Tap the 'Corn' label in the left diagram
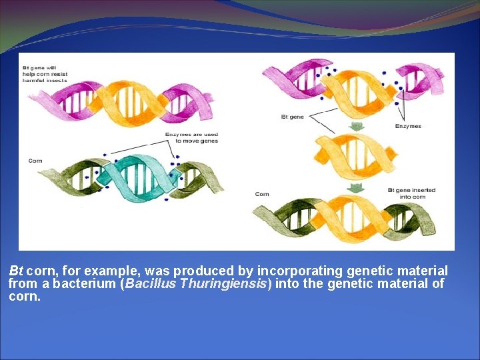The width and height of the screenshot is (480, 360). (35, 161)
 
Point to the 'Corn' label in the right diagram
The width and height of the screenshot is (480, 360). (262, 194)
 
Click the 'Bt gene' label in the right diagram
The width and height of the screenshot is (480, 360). (292, 117)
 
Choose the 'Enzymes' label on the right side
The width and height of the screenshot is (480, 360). (408, 126)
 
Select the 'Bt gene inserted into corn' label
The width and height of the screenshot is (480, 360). (411, 193)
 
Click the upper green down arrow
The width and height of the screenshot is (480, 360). (357, 126)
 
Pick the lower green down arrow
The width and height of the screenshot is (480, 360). (357, 187)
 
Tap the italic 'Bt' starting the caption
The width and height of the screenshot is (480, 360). (16, 271)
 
